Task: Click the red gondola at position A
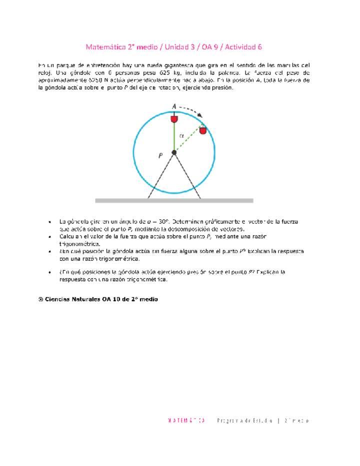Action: click(x=174, y=119)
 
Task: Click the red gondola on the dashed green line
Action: click(x=202, y=130)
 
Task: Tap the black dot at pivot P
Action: click(x=174, y=152)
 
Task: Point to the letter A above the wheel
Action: click(x=174, y=106)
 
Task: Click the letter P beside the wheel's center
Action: click(x=160, y=155)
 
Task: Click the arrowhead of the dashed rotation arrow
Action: click(x=200, y=115)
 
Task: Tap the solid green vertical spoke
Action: click(x=174, y=137)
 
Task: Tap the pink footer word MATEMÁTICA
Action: click(x=186, y=420)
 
